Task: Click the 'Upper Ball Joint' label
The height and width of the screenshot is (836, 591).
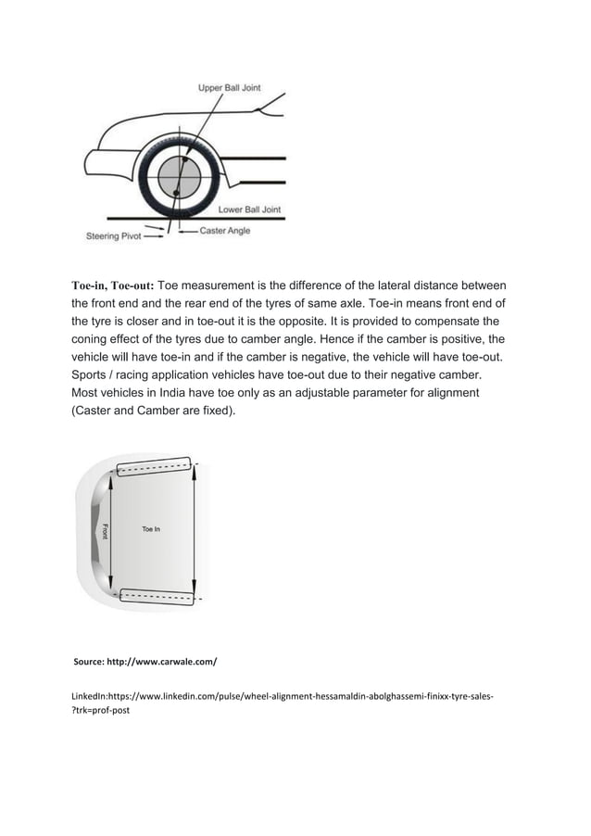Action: pos(229,88)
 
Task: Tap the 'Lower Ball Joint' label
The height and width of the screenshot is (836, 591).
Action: pos(249,209)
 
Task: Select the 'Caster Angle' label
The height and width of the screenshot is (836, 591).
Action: pos(225,231)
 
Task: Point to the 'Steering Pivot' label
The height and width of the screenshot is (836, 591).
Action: pos(114,236)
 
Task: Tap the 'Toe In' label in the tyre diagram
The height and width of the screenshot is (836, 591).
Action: pos(150,529)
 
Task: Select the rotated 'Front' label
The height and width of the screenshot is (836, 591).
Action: pos(106,531)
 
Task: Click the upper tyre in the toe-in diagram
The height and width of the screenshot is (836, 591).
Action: pos(153,466)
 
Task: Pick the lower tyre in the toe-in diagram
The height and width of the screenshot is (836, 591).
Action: pos(155,594)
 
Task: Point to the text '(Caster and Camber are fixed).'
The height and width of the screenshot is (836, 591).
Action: pos(153,411)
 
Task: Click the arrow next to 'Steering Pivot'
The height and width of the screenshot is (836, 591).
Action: pos(156,236)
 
